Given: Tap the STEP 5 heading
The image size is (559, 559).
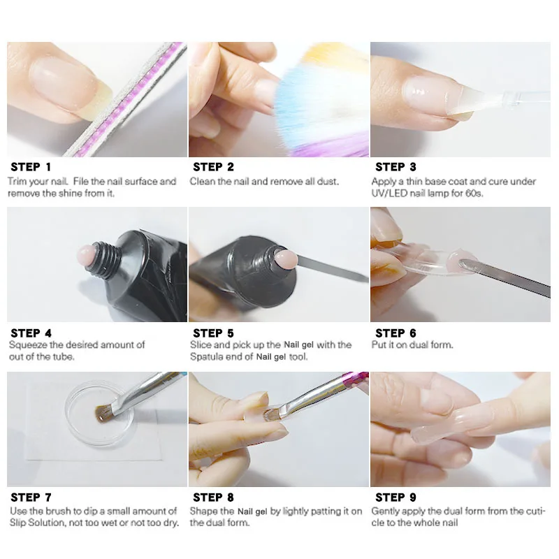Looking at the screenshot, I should click(213, 333).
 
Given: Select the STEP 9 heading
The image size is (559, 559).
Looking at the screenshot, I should click(395, 498).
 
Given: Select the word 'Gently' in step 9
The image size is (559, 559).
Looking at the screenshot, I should click(386, 511).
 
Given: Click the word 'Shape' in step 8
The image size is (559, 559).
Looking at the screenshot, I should click(204, 511).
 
